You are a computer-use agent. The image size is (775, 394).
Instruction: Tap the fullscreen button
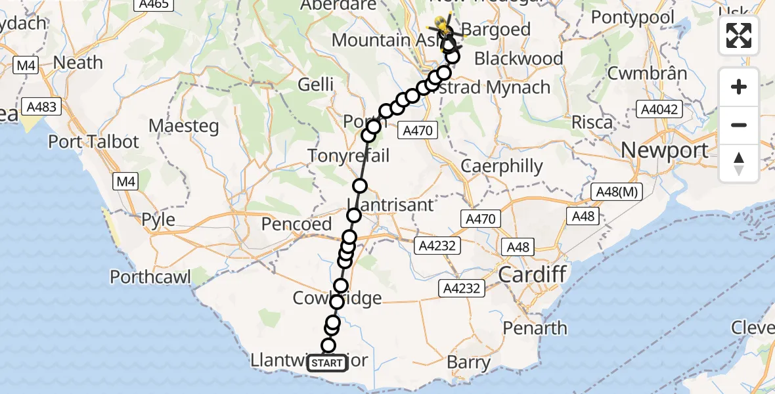tap(739, 35)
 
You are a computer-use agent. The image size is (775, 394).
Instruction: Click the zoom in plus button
tap(739, 87)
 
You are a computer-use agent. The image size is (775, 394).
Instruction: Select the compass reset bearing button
tap(739, 164)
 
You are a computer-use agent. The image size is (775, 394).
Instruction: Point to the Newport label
tap(665, 150)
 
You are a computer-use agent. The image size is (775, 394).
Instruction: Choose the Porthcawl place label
tap(150, 277)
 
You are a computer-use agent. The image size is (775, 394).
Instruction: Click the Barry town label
tap(468, 362)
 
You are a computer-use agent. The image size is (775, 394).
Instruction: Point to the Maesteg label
tap(184, 125)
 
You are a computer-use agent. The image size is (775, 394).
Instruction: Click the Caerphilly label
tap(502, 165)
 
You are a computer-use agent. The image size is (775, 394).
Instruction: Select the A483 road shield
tap(41, 106)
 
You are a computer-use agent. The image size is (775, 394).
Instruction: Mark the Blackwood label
tap(518, 59)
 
